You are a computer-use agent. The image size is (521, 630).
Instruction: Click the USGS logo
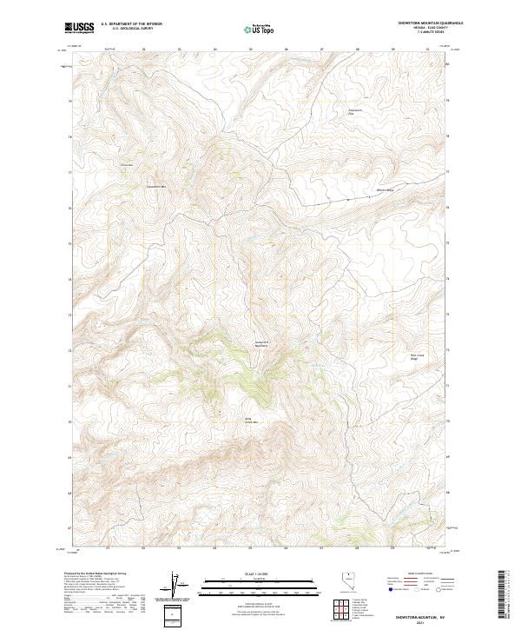pos(79,28)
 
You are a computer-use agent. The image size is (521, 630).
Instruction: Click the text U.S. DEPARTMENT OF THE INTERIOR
pos(130,23)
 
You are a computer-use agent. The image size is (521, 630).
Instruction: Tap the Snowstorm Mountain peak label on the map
pos(260,344)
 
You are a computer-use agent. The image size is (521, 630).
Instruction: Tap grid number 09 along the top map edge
pos(392,50)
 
